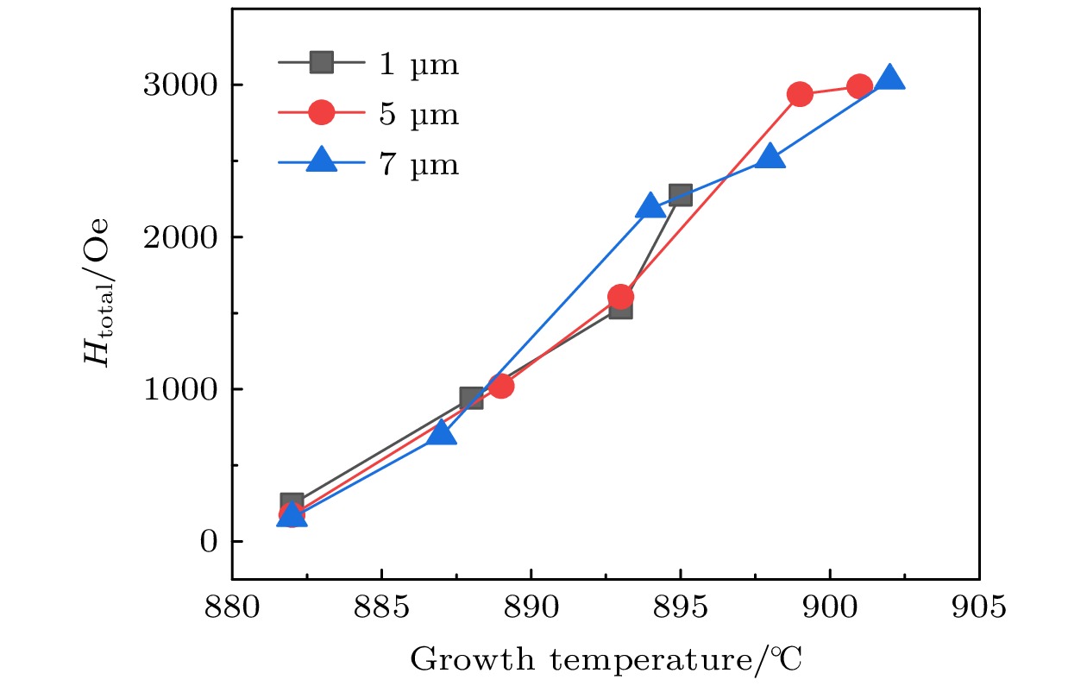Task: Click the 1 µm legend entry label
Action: click(x=418, y=65)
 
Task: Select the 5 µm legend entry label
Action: click(x=418, y=114)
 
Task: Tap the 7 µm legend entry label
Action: click(x=418, y=163)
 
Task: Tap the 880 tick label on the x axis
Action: click(x=232, y=607)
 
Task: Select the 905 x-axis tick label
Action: click(x=978, y=607)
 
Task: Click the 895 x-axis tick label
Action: click(x=680, y=607)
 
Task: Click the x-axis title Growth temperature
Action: click(x=606, y=660)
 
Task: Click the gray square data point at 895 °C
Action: click(x=680, y=194)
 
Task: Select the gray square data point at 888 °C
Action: click(x=471, y=398)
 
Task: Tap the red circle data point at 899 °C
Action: click(x=800, y=95)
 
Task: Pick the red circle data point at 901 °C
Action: click(x=859, y=86)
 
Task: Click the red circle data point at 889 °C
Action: click(x=501, y=386)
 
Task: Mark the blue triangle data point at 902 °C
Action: click(x=889, y=79)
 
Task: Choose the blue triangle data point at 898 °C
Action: click(x=770, y=156)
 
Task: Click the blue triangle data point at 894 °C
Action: click(x=650, y=206)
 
